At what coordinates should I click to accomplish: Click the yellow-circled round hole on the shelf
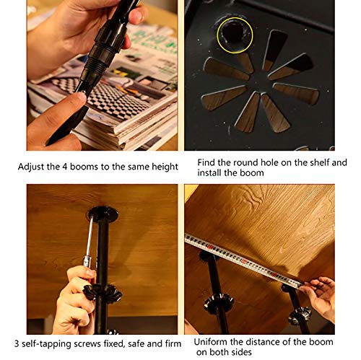click(234, 34)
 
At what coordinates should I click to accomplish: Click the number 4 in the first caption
click(64, 167)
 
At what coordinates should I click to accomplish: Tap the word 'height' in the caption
click(165, 167)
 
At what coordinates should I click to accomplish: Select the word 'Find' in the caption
click(206, 162)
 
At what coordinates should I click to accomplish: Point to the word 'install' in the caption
click(209, 173)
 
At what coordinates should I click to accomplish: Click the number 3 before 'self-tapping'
click(17, 343)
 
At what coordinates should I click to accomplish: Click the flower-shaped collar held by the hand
click(103, 292)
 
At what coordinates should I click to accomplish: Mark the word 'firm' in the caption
click(173, 343)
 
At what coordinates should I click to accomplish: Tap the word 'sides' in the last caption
click(241, 352)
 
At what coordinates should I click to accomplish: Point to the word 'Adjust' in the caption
click(31, 167)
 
